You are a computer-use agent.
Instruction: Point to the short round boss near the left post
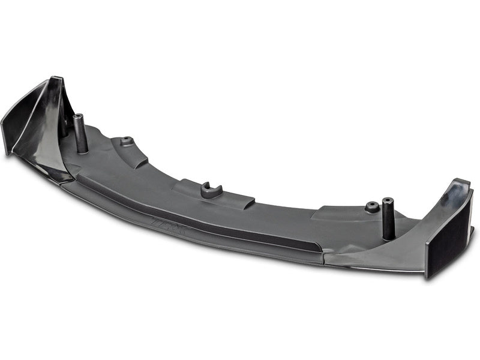click(127, 142)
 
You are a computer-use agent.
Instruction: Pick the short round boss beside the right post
click(372, 208)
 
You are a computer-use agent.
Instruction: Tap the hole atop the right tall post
click(388, 200)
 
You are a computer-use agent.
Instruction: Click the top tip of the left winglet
click(56, 79)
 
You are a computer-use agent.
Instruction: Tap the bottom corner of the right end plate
click(427, 277)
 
